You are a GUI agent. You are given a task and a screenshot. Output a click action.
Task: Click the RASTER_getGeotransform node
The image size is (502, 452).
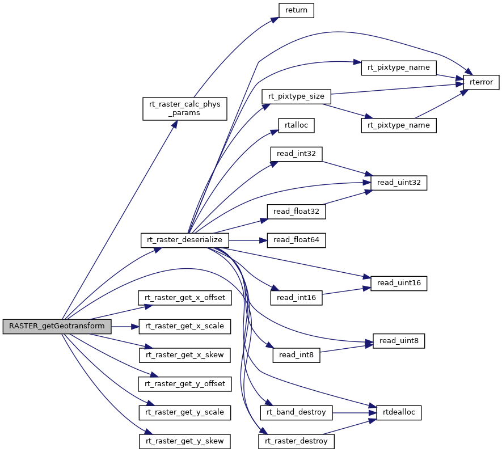pyautogui.click(x=57, y=327)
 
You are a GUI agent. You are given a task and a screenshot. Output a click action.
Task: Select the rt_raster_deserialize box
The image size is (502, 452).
pyautogui.click(x=184, y=240)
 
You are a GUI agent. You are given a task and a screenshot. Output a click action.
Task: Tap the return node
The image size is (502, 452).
pyautogui.click(x=296, y=10)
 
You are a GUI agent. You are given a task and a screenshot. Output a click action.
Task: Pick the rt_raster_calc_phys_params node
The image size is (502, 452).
pyautogui.click(x=184, y=108)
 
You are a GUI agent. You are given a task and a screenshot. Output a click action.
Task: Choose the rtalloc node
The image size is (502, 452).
pyautogui.click(x=296, y=125)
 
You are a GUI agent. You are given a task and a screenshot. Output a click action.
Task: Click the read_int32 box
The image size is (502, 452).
pyautogui.click(x=296, y=154)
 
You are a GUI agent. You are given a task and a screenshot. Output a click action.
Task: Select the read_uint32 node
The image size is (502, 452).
pyautogui.click(x=398, y=183)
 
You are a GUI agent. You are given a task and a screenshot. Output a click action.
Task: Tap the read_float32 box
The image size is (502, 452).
pyautogui.click(x=296, y=212)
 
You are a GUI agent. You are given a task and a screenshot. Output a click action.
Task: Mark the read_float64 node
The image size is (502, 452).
pyautogui.click(x=296, y=240)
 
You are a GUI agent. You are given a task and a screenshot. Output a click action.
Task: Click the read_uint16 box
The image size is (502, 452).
pyautogui.click(x=398, y=283)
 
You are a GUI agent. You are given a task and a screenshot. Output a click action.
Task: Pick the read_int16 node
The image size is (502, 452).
pyautogui.click(x=296, y=298)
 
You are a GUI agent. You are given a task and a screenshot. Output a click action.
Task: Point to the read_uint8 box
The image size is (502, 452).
pyautogui.click(x=398, y=341)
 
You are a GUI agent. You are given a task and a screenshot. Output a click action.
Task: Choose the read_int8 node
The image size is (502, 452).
pyautogui.click(x=296, y=356)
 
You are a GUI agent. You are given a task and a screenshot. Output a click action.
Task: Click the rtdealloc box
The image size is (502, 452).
pyautogui.click(x=398, y=412)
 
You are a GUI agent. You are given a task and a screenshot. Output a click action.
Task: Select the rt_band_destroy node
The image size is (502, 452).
pyautogui.click(x=296, y=412)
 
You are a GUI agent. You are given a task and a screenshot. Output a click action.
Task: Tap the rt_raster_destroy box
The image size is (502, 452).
pyautogui.click(x=296, y=441)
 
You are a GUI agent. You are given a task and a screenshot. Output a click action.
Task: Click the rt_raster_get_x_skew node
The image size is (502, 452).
pyautogui.click(x=184, y=356)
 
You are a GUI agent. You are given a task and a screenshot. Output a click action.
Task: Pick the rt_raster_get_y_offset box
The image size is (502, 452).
pyautogui.click(x=184, y=384)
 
